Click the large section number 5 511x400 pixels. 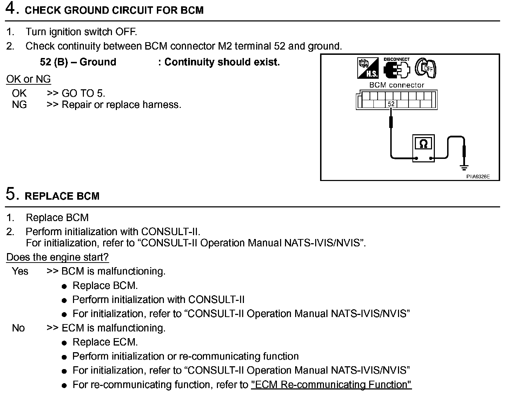[12, 194]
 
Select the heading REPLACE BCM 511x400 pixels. [62, 196]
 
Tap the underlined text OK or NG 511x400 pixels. [28, 79]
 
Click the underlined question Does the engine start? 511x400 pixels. [58, 257]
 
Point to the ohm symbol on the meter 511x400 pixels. [424, 144]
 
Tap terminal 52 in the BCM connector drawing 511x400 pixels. [391, 104]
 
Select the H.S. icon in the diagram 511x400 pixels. [368, 68]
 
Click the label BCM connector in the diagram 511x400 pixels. [397, 85]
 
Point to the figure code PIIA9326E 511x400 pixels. [478, 177]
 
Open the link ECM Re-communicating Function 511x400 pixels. [331, 385]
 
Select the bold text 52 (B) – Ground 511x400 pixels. [78, 62]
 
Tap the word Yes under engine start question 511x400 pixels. [20, 271]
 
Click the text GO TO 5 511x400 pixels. [83, 93]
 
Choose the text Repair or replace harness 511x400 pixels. [121, 105]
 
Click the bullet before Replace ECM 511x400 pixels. [64, 343]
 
